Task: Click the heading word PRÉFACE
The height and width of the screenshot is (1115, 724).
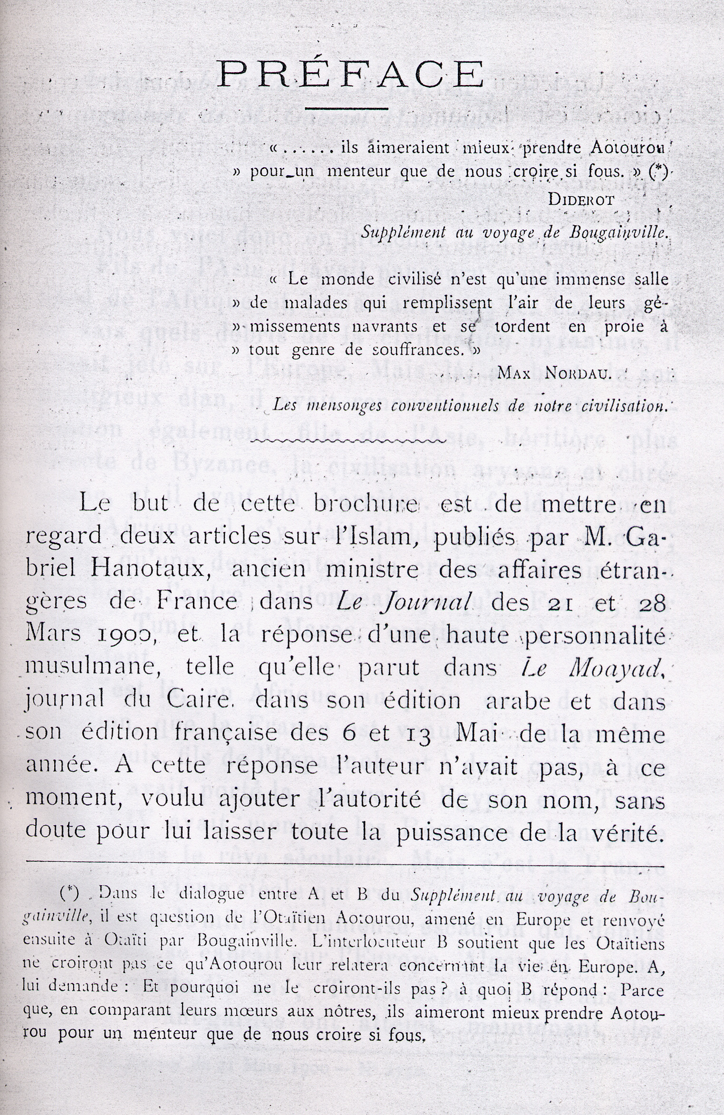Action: click(350, 73)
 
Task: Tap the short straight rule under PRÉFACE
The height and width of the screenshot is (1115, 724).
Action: click(349, 109)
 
